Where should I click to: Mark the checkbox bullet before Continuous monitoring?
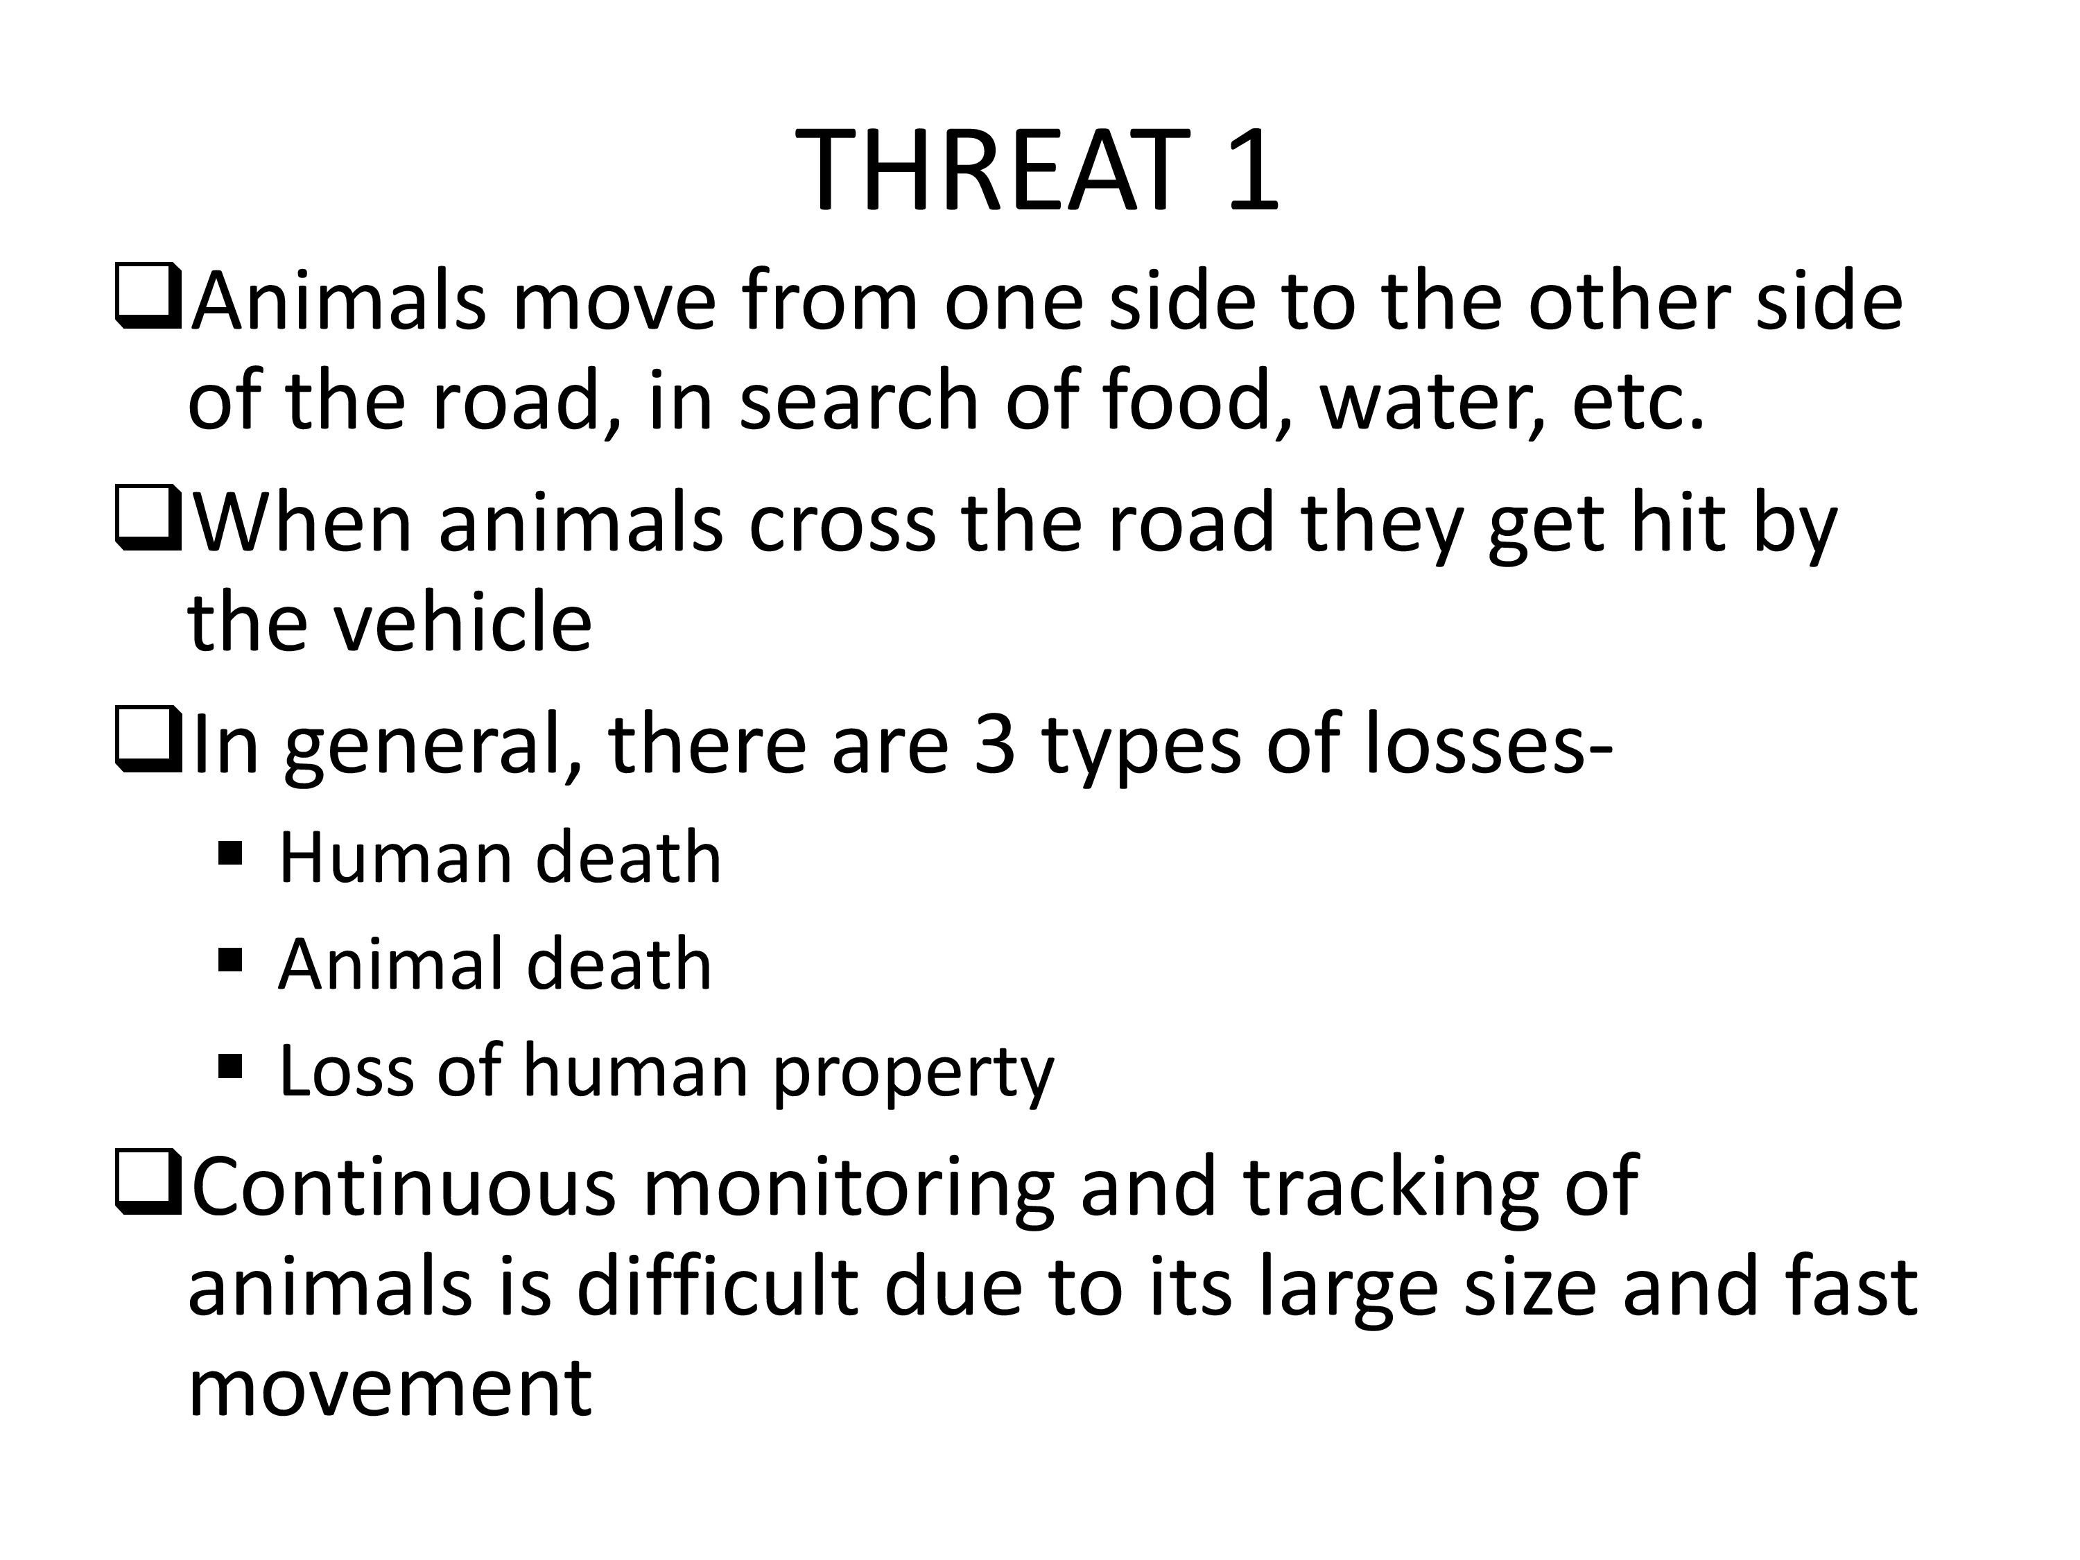tap(148, 1182)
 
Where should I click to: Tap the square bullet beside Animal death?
tap(230, 961)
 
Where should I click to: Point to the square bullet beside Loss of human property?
tap(230, 1066)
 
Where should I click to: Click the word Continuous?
tap(404, 1187)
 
